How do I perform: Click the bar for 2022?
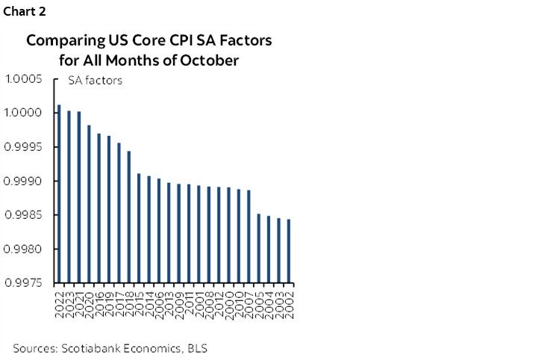(59, 194)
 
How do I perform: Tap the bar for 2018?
(128, 217)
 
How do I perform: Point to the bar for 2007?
(249, 236)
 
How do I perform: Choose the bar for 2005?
(258, 248)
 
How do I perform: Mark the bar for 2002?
(288, 251)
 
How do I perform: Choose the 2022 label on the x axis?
(59, 302)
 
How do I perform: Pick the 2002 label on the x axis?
(288, 302)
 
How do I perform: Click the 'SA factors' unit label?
(95, 81)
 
